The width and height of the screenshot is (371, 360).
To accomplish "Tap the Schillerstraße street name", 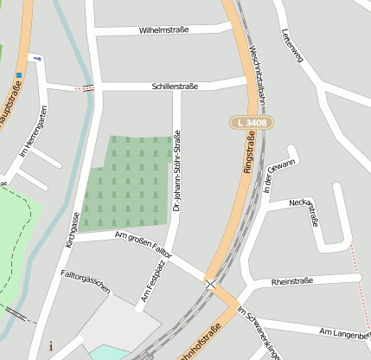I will coord(176,87).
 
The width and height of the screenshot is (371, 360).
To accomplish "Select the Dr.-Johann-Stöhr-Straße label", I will coord(176,171).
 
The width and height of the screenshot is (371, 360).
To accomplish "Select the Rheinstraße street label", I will coord(291,281).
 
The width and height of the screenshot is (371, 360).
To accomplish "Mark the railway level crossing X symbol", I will coord(210,283).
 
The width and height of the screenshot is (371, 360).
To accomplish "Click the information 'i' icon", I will coord(51,346).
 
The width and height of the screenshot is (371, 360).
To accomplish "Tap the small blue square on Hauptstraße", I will coord(18,74).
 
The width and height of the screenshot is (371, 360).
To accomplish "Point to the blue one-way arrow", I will coord(35,59).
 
